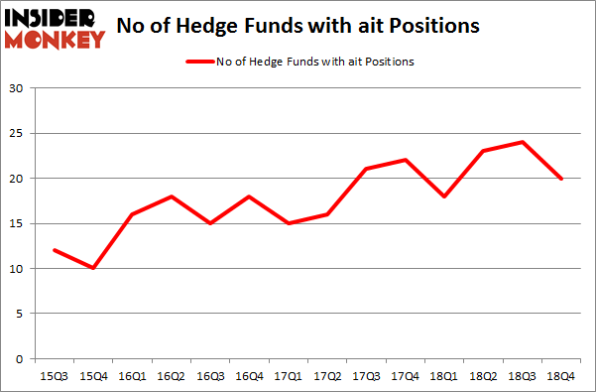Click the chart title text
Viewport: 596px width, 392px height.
(x=298, y=27)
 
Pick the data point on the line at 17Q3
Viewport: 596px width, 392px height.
(x=366, y=169)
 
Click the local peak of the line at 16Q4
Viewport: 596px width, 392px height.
(x=250, y=196)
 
